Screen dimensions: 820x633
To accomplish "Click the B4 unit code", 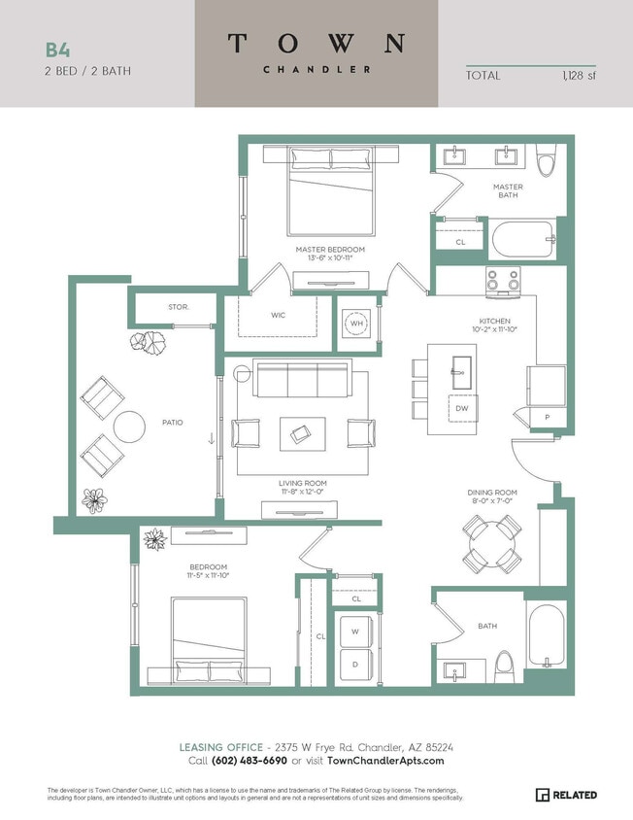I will pyautogui.click(x=57, y=49).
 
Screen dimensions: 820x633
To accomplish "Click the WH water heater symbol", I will pyautogui.click(x=356, y=324).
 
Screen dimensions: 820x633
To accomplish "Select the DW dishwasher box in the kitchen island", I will pyautogui.click(x=462, y=409).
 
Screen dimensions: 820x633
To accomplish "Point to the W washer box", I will pyautogui.click(x=356, y=631).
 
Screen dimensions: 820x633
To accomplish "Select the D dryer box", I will pyautogui.click(x=356, y=663).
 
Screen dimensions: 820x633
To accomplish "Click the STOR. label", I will pyautogui.click(x=179, y=307).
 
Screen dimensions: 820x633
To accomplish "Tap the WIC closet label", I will pyautogui.click(x=278, y=315).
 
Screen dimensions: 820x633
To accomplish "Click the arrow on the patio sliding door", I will pyautogui.click(x=211, y=439).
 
